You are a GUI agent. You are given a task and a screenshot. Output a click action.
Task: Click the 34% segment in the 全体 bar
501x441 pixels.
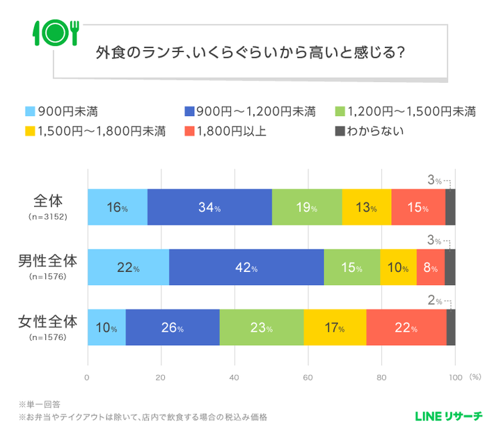[209, 207]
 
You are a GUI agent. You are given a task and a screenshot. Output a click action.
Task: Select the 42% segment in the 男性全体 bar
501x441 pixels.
[246, 268]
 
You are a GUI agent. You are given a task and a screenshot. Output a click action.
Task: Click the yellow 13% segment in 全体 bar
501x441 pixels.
[366, 207]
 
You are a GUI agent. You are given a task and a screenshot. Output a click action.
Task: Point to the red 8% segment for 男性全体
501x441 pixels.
[430, 268]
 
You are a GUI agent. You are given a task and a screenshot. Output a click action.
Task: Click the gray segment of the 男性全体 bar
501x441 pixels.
[450, 268]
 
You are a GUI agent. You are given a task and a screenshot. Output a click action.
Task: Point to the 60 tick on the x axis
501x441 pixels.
[308, 377]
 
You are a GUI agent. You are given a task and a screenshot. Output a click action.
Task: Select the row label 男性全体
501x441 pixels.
[47, 262]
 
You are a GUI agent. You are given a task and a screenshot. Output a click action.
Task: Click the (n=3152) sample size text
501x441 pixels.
[47, 217]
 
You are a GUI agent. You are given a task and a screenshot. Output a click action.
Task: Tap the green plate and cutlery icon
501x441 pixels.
[55, 31]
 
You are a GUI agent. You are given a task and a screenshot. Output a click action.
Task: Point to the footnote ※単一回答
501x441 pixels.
[41, 404]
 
